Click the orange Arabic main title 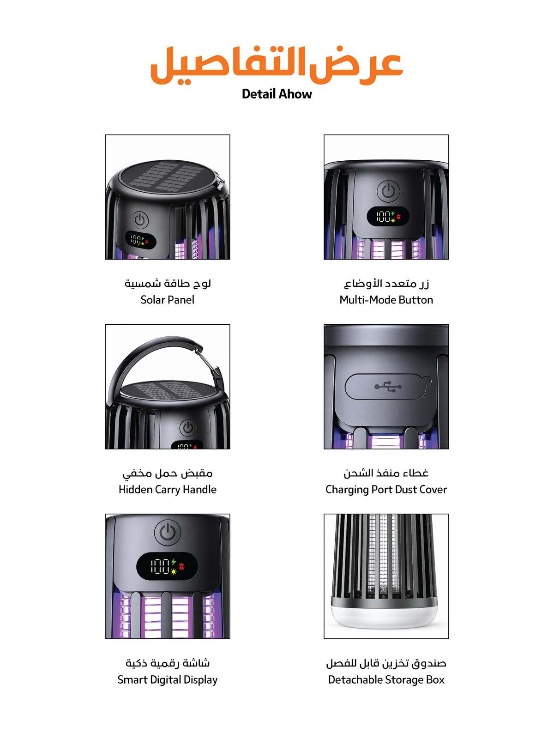(277, 65)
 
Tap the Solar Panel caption (168, 299)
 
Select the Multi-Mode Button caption (386, 299)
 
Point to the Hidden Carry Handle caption (168, 489)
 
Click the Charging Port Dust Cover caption (386, 489)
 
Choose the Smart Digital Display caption (168, 679)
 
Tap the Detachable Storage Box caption (386, 679)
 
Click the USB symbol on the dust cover (388, 386)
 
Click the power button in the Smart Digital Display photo (168, 533)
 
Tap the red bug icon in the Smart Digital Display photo (181, 566)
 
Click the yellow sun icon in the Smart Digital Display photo (174, 571)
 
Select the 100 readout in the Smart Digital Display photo (160, 566)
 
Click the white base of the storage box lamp (384, 615)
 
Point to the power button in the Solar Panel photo (140, 220)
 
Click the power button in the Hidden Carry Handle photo (188, 427)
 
